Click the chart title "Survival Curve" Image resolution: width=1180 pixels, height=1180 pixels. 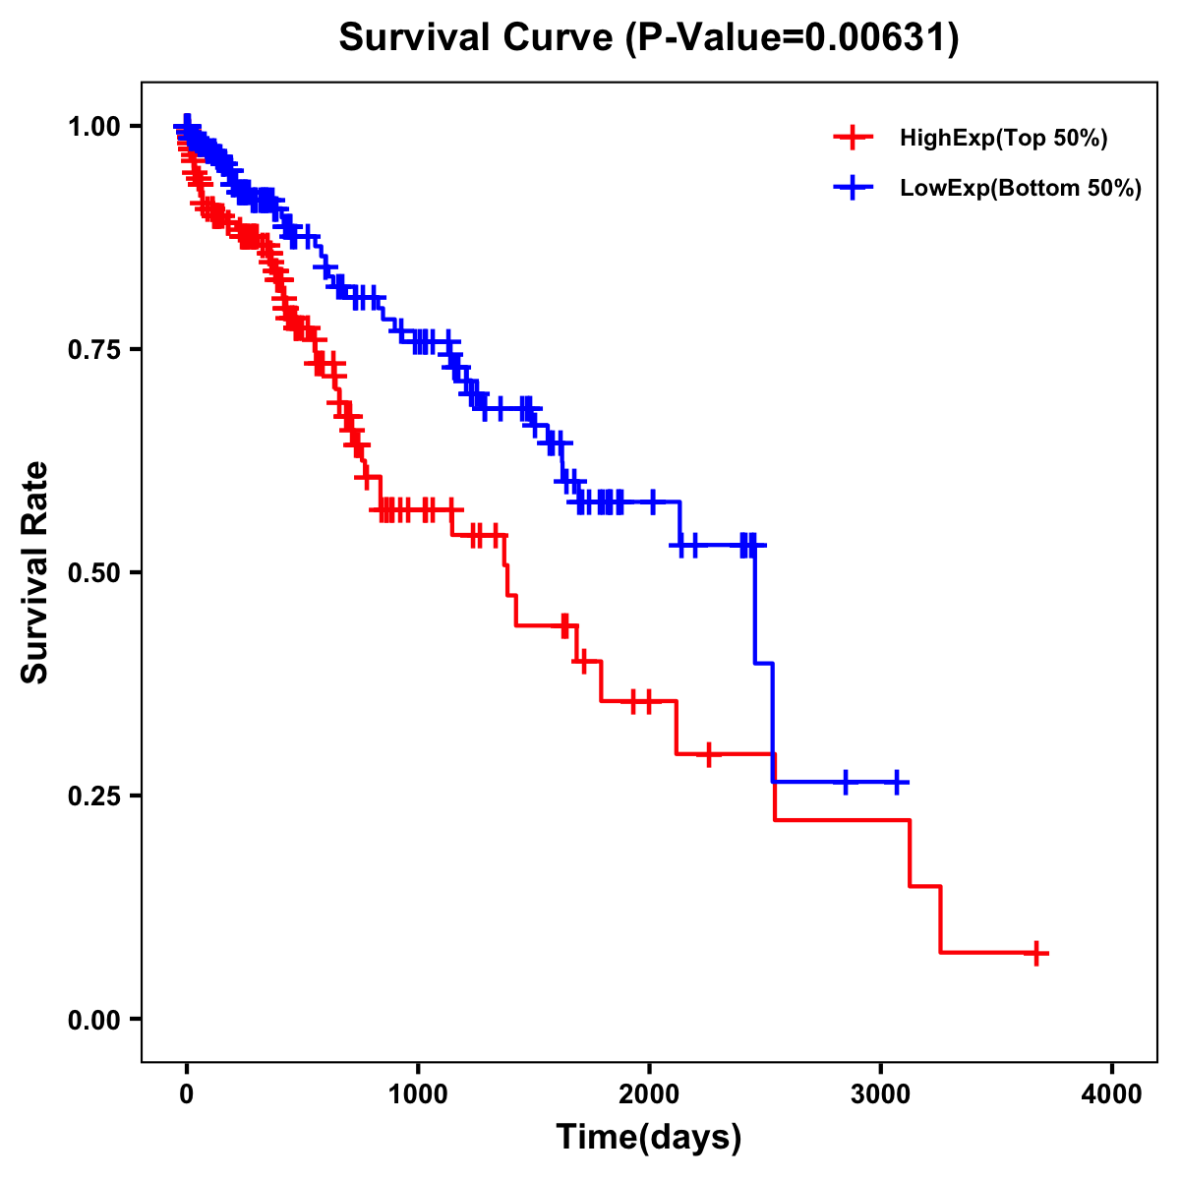click(478, 38)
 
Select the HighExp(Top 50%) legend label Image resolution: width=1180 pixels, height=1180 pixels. click(1003, 139)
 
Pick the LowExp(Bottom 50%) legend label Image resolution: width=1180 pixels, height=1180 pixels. click(1021, 188)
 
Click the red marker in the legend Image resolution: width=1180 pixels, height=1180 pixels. click(853, 138)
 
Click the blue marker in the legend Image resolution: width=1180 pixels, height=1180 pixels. click(853, 187)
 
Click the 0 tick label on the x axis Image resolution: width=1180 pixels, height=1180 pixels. click(187, 1094)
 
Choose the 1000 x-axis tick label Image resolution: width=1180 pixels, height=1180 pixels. click(418, 1094)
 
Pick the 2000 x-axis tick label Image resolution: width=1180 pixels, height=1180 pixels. click(649, 1094)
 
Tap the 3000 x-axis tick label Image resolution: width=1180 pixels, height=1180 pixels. click(881, 1094)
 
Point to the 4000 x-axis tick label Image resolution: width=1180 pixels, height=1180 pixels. click(1112, 1094)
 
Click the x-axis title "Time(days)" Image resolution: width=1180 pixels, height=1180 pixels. click(649, 1138)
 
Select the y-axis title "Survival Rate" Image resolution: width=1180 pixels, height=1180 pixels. click(35, 572)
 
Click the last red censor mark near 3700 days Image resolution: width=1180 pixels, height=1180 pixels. click(1035, 953)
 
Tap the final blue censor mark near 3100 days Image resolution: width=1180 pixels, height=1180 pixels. click(896, 782)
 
